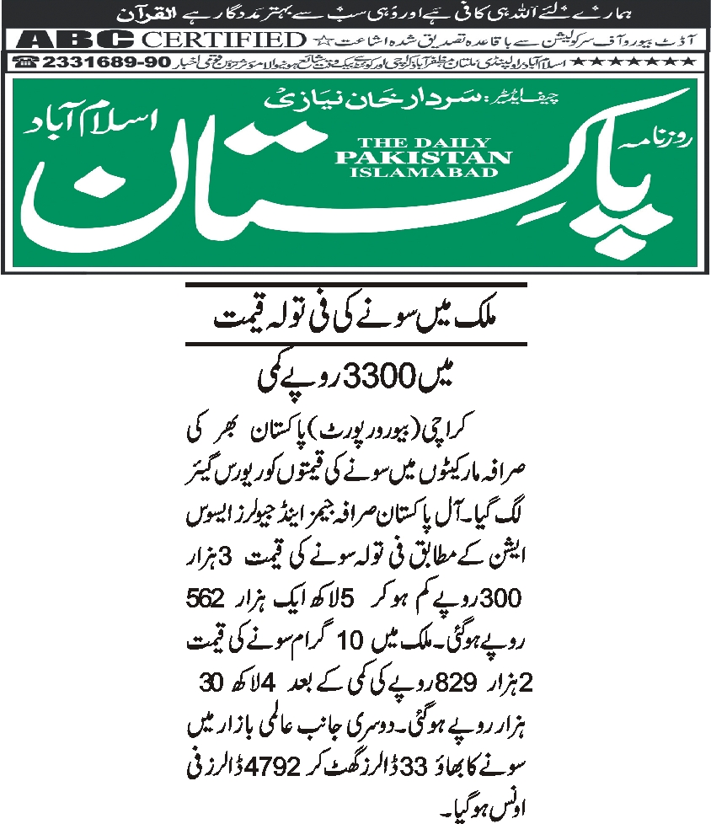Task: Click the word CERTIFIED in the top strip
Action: pos(222,40)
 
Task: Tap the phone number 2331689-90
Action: pos(102,62)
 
